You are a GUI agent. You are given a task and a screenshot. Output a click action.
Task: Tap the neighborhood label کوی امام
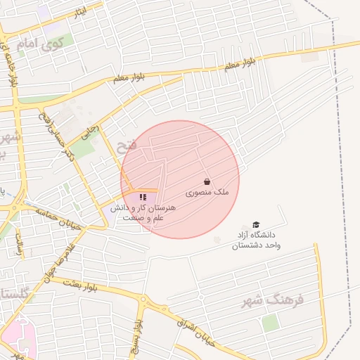point(41,46)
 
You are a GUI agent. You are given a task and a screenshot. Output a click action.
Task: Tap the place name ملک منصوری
point(207,191)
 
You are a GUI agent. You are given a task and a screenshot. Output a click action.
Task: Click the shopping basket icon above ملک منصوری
point(207,181)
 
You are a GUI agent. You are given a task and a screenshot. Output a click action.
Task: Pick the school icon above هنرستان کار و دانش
point(143,198)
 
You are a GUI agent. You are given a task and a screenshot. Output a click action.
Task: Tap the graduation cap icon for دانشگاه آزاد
point(256,224)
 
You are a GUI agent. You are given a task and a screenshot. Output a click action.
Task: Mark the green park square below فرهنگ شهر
point(270,323)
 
